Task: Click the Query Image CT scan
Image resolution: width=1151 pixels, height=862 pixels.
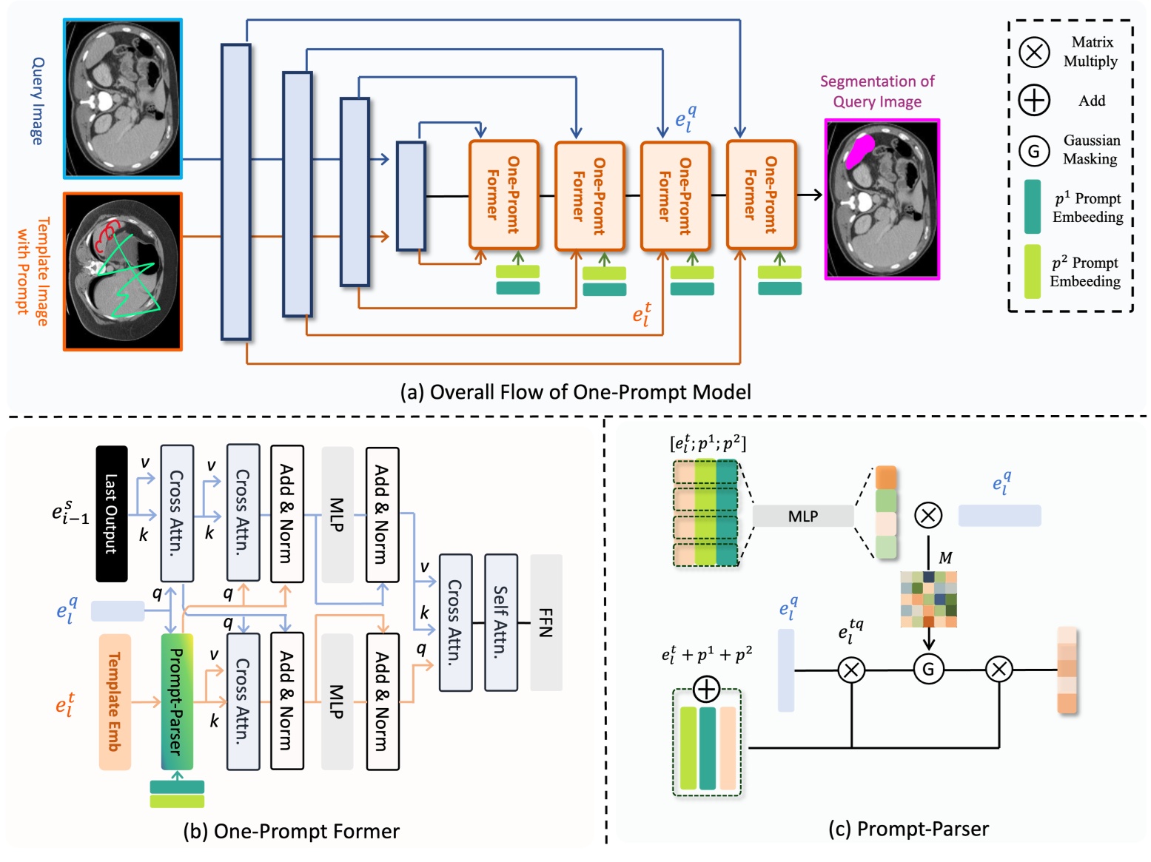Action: [x=123, y=98]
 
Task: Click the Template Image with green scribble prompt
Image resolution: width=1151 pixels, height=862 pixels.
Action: [x=123, y=272]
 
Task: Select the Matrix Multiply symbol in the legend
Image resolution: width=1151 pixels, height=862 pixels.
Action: [x=1034, y=52]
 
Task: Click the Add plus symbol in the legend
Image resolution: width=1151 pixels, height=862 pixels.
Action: [x=1034, y=100]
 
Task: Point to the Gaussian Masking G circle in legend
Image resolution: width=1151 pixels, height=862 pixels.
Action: [x=1034, y=151]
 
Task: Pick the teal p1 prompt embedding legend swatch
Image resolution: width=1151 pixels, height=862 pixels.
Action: [x=1032, y=206]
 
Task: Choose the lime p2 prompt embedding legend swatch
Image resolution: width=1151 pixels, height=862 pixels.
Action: [x=1032, y=271]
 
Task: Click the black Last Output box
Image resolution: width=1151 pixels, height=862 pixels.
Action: [x=112, y=514]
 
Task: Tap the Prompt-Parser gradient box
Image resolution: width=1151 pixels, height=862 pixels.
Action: [x=177, y=701]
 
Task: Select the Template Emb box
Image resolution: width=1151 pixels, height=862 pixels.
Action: [x=115, y=701]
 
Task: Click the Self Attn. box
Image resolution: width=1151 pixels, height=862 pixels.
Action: [x=500, y=622]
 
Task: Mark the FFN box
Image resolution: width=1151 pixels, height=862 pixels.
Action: [x=546, y=622]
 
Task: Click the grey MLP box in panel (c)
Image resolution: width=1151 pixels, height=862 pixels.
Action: [x=803, y=516]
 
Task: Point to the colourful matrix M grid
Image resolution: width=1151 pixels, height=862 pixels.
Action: [x=928, y=599]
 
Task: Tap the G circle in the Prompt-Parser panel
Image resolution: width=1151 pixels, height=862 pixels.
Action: [x=928, y=670]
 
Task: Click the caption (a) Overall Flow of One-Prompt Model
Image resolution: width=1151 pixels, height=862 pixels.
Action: [x=575, y=391]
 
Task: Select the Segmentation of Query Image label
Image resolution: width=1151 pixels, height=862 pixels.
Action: [x=877, y=91]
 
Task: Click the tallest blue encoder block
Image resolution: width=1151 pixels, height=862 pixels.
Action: [x=235, y=192]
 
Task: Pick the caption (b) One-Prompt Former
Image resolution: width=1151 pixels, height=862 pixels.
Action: [x=291, y=831]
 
